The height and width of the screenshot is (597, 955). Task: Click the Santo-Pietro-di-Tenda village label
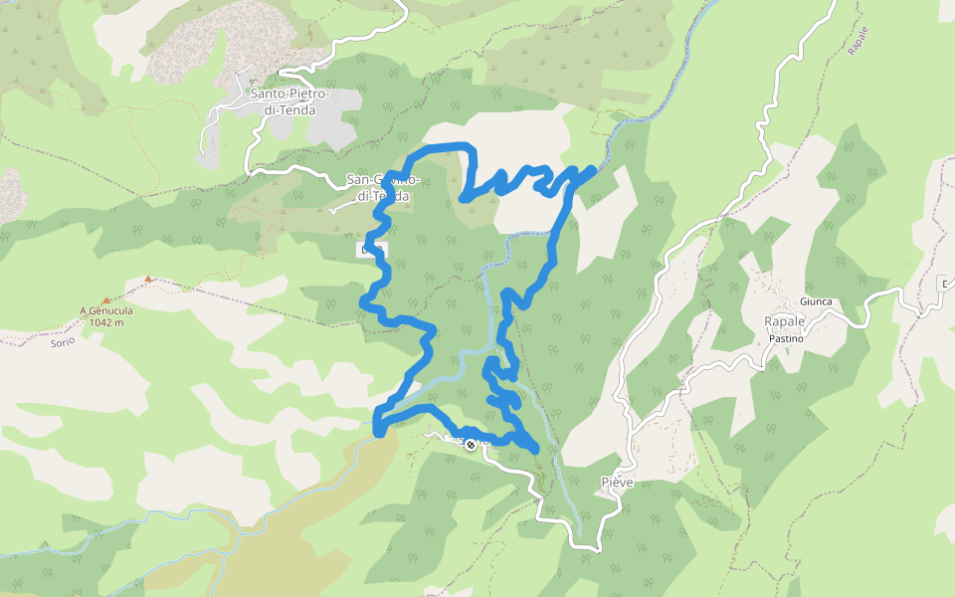click(284, 101)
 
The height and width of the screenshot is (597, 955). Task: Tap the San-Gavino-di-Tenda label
click(382, 188)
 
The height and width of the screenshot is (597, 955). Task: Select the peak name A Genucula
click(106, 310)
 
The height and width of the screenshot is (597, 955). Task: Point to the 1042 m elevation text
click(106, 321)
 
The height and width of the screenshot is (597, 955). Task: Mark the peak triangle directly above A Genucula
click(106, 299)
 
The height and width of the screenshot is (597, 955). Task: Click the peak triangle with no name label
click(148, 279)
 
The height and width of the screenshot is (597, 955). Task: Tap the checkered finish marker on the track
click(470, 444)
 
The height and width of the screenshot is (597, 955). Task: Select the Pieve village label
click(618, 482)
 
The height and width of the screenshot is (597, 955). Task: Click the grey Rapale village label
click(784, 321)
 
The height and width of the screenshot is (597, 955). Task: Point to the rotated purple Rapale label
click(859, 44)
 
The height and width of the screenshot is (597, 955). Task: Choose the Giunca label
click(815, 301)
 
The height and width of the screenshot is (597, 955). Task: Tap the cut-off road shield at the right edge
click(948, 284)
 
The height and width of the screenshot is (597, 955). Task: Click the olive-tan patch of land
click(249, 537)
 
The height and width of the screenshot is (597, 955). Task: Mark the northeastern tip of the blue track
click(594, 169)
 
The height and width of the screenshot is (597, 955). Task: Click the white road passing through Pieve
click(625, 438)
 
